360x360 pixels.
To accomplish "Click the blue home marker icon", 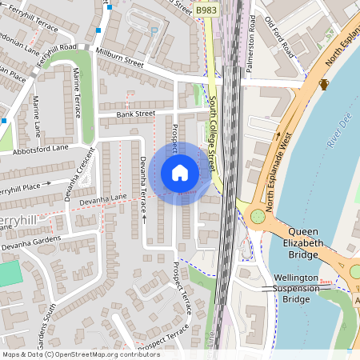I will coord(180,173).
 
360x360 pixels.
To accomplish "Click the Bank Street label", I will coord(135,114).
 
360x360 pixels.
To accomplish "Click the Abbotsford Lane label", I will coord(41,148).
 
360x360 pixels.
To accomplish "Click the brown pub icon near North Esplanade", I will coord(325,85).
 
